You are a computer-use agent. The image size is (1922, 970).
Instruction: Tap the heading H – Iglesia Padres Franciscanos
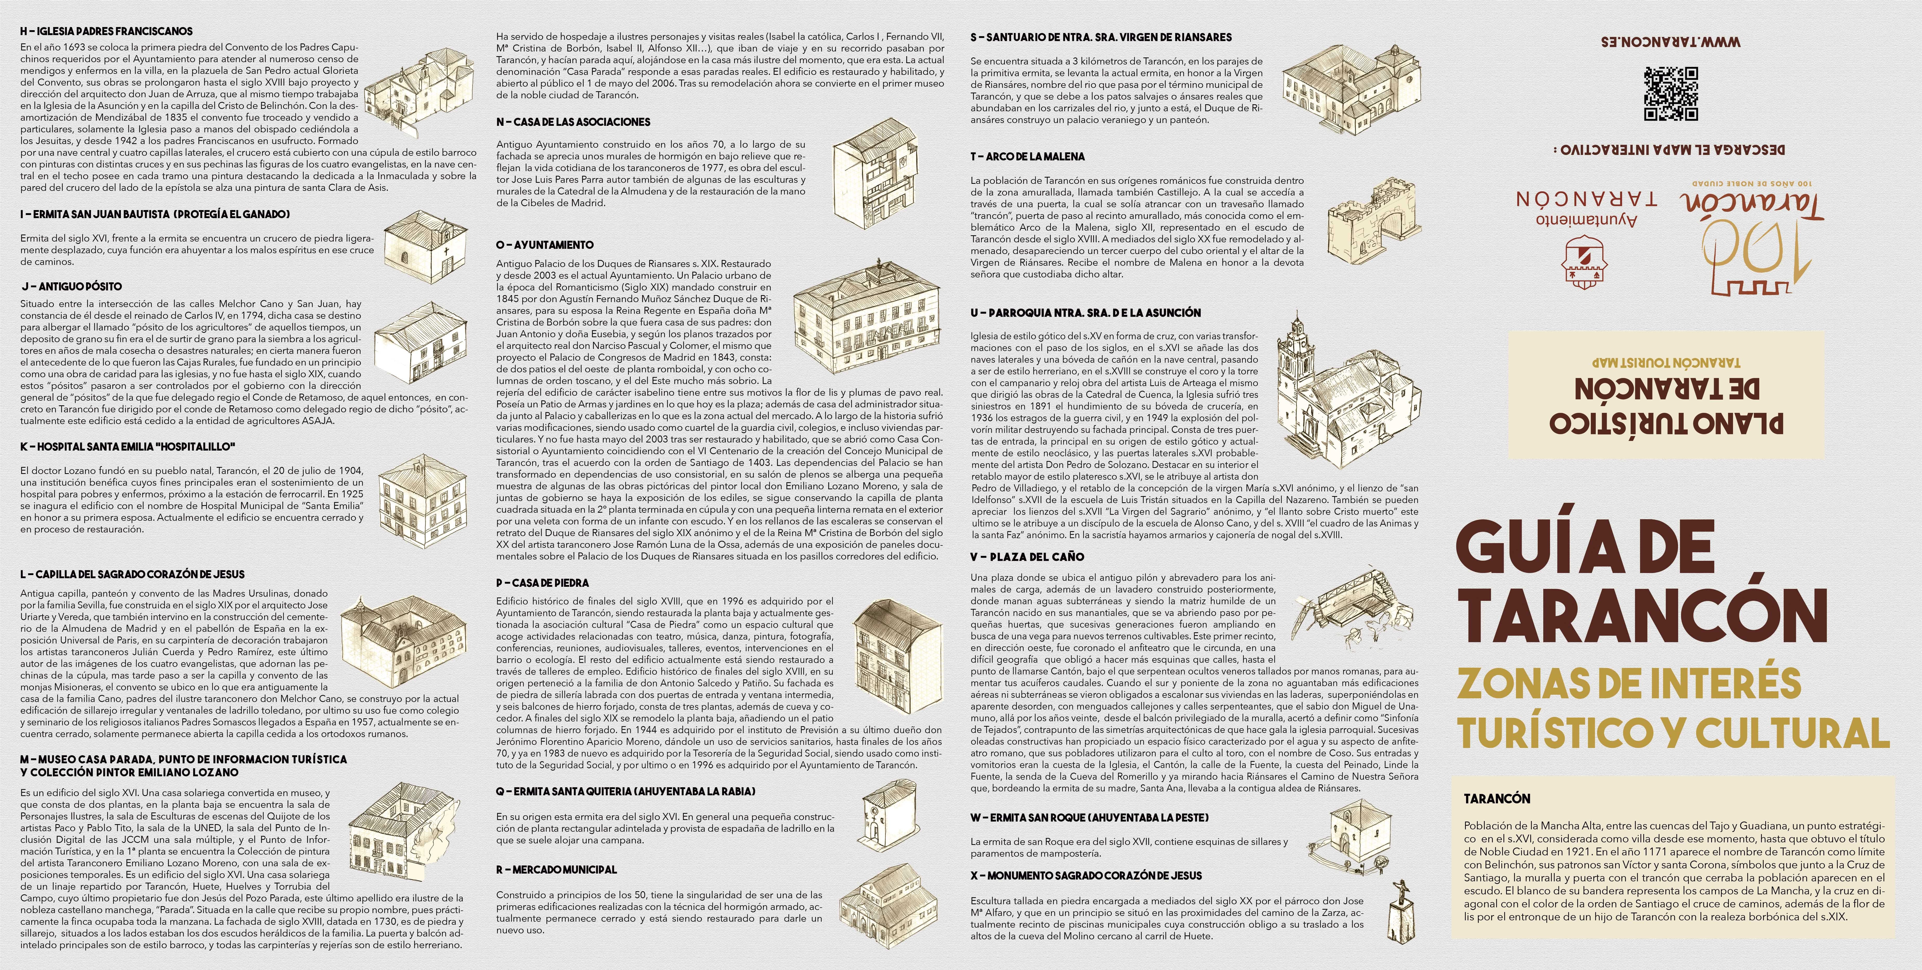click(x=107, y=31)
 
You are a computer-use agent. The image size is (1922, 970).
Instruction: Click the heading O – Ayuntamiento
click(x=545, y=245)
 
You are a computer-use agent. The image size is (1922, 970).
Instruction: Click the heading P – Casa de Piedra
click(x=542, y=583)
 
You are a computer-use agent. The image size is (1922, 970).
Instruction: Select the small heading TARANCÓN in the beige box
click(x=1497, y=798)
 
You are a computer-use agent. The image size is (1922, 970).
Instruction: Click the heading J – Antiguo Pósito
click(x=72, y=287)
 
